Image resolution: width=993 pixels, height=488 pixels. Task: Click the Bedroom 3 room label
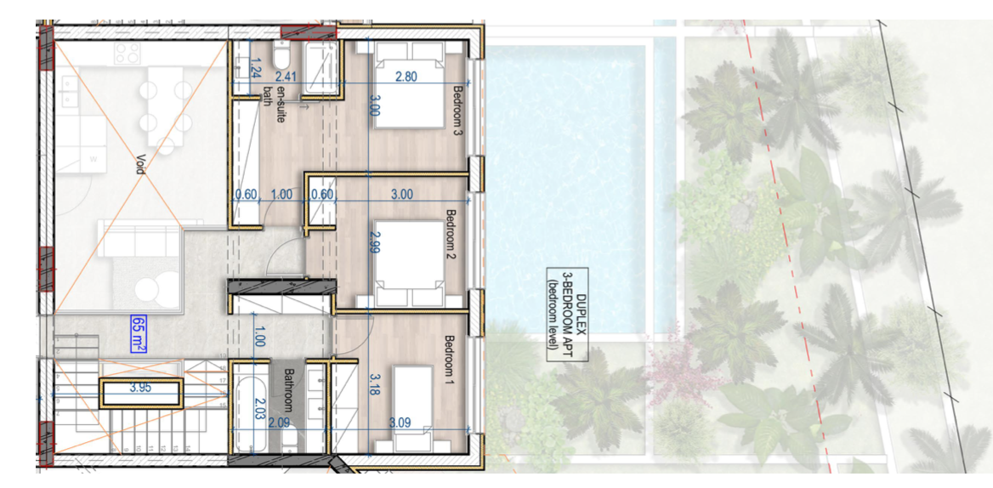coord(458,111)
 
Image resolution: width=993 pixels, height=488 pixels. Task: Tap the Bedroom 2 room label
coord(451,235)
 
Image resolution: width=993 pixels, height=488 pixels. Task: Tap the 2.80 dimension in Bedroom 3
coord(406,77)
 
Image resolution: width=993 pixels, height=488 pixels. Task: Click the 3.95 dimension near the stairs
coord(140,388)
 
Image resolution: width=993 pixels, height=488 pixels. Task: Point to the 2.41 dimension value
coord(287,77)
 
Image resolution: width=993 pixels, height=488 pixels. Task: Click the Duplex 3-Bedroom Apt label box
coord(567,314)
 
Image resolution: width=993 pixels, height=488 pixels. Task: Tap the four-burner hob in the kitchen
coord(127,54)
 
